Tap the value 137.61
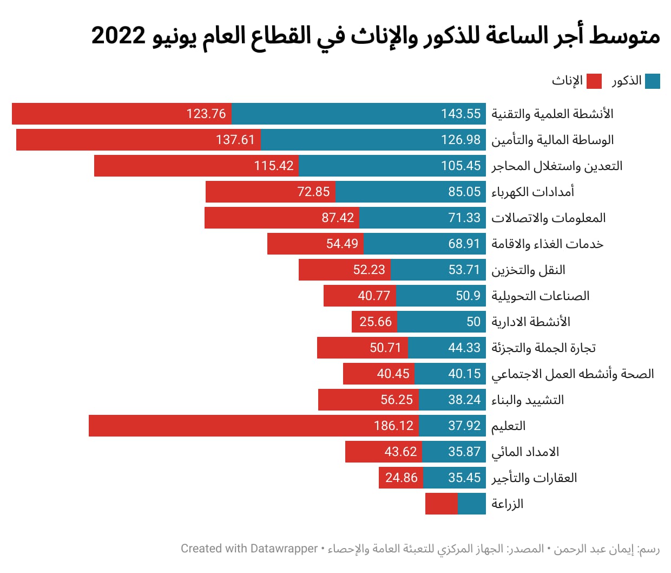235,140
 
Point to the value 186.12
393,426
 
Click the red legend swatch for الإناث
594,81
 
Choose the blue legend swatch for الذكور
653,81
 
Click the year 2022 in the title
119,36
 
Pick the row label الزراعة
507,504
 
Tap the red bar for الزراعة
442,504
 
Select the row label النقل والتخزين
528,270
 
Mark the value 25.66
375,322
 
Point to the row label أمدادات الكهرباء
532,192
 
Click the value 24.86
401,478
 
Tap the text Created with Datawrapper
249,549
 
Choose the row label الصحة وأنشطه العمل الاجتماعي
573,374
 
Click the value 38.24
464,400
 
